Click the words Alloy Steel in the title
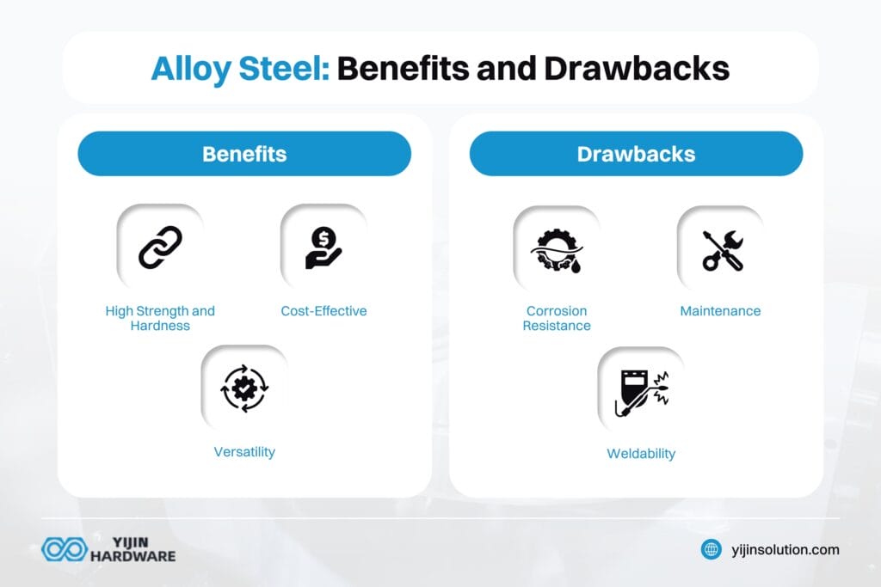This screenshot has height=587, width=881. pos(240,70)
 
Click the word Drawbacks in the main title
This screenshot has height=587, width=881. pos(637,69)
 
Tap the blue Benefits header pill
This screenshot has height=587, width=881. pos(244,154)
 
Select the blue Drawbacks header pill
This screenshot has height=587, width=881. pos(636,154)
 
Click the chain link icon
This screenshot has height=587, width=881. pos(160,248)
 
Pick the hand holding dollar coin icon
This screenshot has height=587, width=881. pos(323,248)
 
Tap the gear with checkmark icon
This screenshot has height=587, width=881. pos(244,388)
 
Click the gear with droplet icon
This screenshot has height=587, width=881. pos(557,250)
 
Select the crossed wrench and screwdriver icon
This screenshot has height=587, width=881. pos(723,250)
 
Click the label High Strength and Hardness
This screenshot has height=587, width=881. pos(160,318)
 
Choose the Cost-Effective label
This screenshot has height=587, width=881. pos(323,311)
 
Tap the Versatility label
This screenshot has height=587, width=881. pos(244,452)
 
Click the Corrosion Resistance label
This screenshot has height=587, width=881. pos(557,318)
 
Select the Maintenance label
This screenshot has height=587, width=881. pos(720,311)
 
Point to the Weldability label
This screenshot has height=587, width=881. pos(641,454)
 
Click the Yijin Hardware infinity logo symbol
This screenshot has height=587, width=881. pos(65,549)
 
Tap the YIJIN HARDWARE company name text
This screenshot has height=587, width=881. pos(132,549)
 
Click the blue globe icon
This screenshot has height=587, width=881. pos(712,549)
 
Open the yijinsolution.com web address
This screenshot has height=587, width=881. pos(786,550)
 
